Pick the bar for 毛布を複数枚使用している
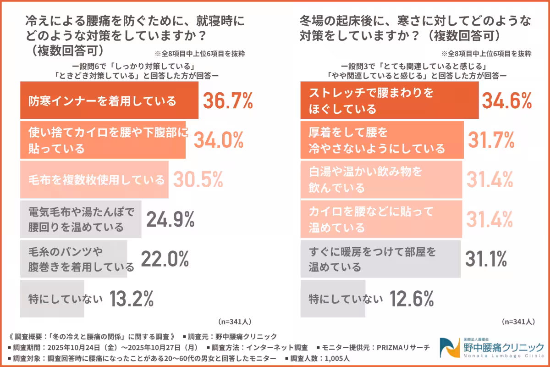tap(94, 179)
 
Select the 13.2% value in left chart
tap(131, 299)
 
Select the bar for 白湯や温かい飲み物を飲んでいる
tap(382, 180)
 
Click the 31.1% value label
tap(486, 259)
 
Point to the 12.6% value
tap(411, 299)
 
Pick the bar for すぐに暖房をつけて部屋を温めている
tap(380, 259)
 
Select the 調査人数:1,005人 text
tap(323, 358)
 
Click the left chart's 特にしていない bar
tap(52, 299)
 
